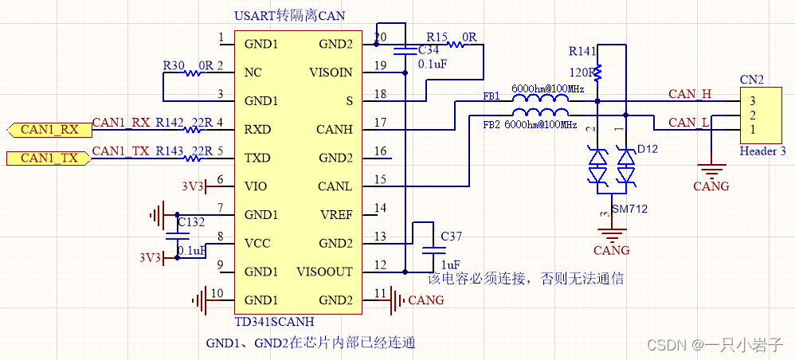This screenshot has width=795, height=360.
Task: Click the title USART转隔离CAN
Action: click(291, 15)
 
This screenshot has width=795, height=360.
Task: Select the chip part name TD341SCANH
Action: click(274, 323)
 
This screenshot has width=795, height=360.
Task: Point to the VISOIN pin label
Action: click(331, 72)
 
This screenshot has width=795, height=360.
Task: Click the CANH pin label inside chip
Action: click(335, 129)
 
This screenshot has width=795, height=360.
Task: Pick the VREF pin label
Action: click(335, 214)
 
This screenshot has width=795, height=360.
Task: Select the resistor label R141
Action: click(582, 52)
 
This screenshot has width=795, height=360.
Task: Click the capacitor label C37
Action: click(450, 237)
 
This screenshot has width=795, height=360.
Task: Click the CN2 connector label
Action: click(752, 80)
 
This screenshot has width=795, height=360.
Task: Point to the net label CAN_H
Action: click(689, 94)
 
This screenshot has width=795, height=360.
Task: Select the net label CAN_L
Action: click(689, 122)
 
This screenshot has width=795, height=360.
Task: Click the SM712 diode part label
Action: click(630, 210)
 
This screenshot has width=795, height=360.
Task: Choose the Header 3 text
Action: click(762, 151)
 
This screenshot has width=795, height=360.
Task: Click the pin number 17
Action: click(380, 123)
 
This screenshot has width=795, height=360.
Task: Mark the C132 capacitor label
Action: click(191, 221)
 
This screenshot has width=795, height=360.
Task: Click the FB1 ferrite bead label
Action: click(491, 96)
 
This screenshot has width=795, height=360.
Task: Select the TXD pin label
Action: click(260, 158)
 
